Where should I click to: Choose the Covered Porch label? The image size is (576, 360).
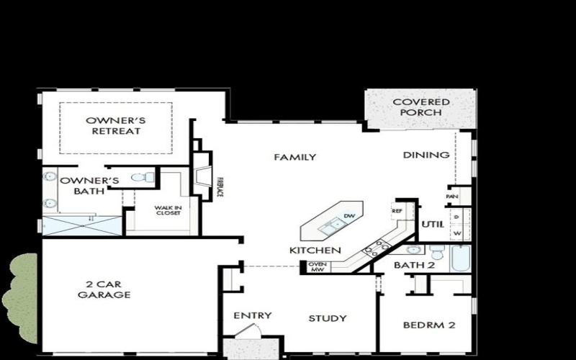click(x=421, y=107)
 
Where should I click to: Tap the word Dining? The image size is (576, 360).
click(x=426, y=155)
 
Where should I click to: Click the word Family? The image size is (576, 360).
click(x=294, y=157)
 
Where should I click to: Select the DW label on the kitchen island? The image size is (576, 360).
click(x=350, y=216)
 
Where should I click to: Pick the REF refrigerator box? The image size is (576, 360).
click(x=397, y=211)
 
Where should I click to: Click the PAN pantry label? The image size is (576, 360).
click(x=452, y=196)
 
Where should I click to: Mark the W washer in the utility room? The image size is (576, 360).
click(x=457, y=233)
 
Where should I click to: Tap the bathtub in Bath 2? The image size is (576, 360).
click(x=460, y=258)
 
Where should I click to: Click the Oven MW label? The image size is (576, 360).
click(x=318, y=267)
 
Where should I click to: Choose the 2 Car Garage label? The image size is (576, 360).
click(x=105, y=289)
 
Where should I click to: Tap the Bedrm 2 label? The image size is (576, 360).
click(x=428, y=325)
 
